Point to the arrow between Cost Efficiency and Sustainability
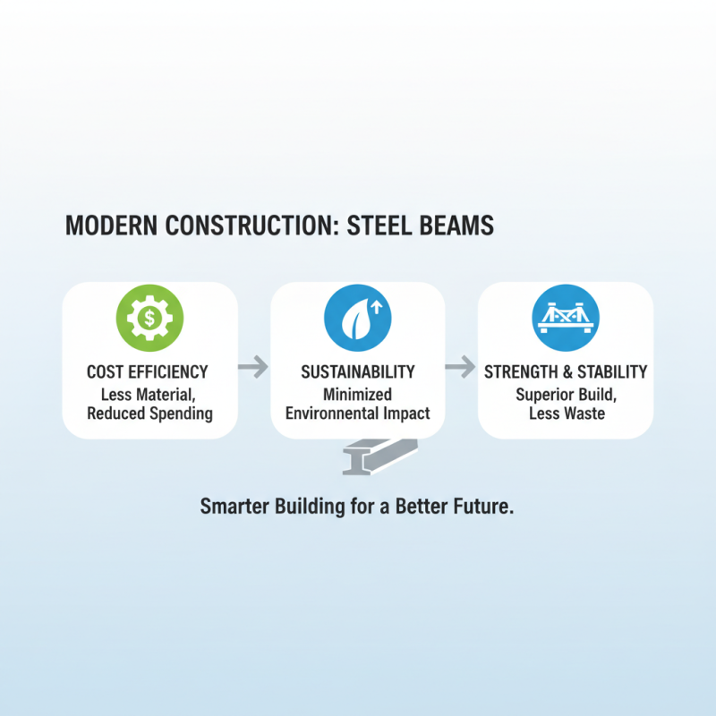(x=254, y=366)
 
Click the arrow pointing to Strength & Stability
(x=461, y=366)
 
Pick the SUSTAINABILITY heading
(x=357, y=371)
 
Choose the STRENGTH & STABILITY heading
(x=566, y=371)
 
